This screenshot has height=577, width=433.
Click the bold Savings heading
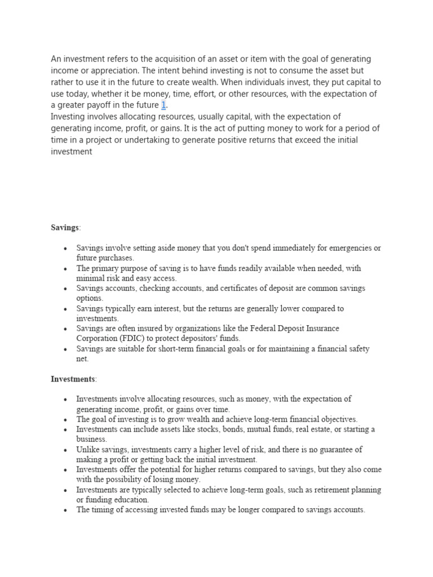(65, 228)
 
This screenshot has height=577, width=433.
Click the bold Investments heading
(73, 379)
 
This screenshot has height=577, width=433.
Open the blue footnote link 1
(164, 105)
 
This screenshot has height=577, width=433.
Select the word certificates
(242, 288)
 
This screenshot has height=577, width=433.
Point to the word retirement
(330, 490)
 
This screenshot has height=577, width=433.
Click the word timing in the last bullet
(104, 510)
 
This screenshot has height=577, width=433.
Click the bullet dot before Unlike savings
(66, 450)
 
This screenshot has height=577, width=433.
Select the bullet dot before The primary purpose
(66, 269)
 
